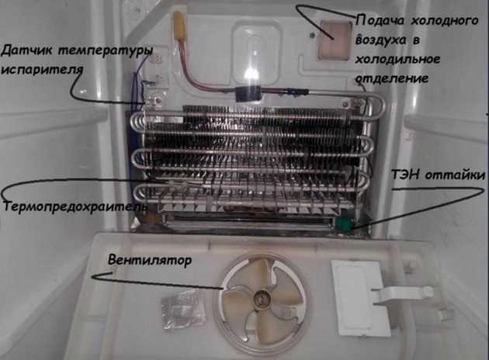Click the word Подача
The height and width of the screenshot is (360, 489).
(376, 21)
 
